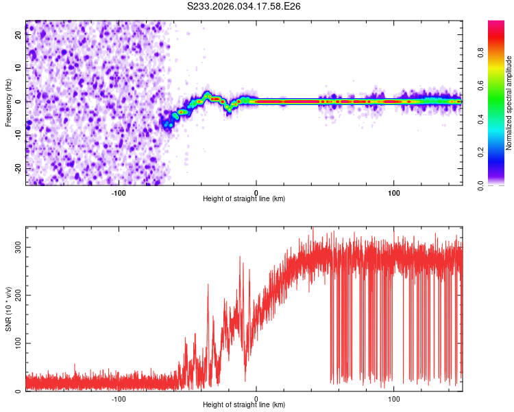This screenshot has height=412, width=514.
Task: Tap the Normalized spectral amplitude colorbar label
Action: tap(509, 103)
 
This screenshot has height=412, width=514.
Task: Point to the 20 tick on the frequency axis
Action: tap(18, 36)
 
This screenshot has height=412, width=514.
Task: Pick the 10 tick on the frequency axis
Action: tap(18, 69)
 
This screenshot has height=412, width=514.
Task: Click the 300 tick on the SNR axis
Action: tap(18, 247)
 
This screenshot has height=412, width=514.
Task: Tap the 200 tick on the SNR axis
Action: tap(18, 295)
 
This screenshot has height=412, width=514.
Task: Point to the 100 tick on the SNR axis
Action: tap(18, 343)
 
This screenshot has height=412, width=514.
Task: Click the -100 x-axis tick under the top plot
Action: tap(119, 192)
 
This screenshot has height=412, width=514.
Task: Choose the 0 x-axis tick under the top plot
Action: tap(256, 192)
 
